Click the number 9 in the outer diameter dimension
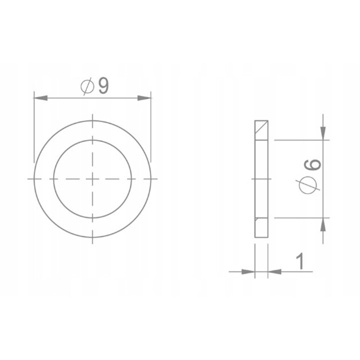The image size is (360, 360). [103, 86]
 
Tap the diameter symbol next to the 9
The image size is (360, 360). [87, 87]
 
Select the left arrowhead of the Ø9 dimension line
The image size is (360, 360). [39, 98]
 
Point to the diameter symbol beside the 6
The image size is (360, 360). [310, 184]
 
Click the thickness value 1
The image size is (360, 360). [300, 261]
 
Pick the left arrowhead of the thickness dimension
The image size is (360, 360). [248, 271]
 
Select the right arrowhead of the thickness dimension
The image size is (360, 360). [274, 271]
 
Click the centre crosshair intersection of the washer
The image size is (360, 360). [92, 178]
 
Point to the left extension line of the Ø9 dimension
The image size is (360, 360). [33, 125]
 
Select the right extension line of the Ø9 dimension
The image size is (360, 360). [150, 125]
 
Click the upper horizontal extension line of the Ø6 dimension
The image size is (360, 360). [300, 139]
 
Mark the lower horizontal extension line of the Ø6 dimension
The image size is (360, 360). [300, 218]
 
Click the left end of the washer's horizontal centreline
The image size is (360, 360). [29, 178]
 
